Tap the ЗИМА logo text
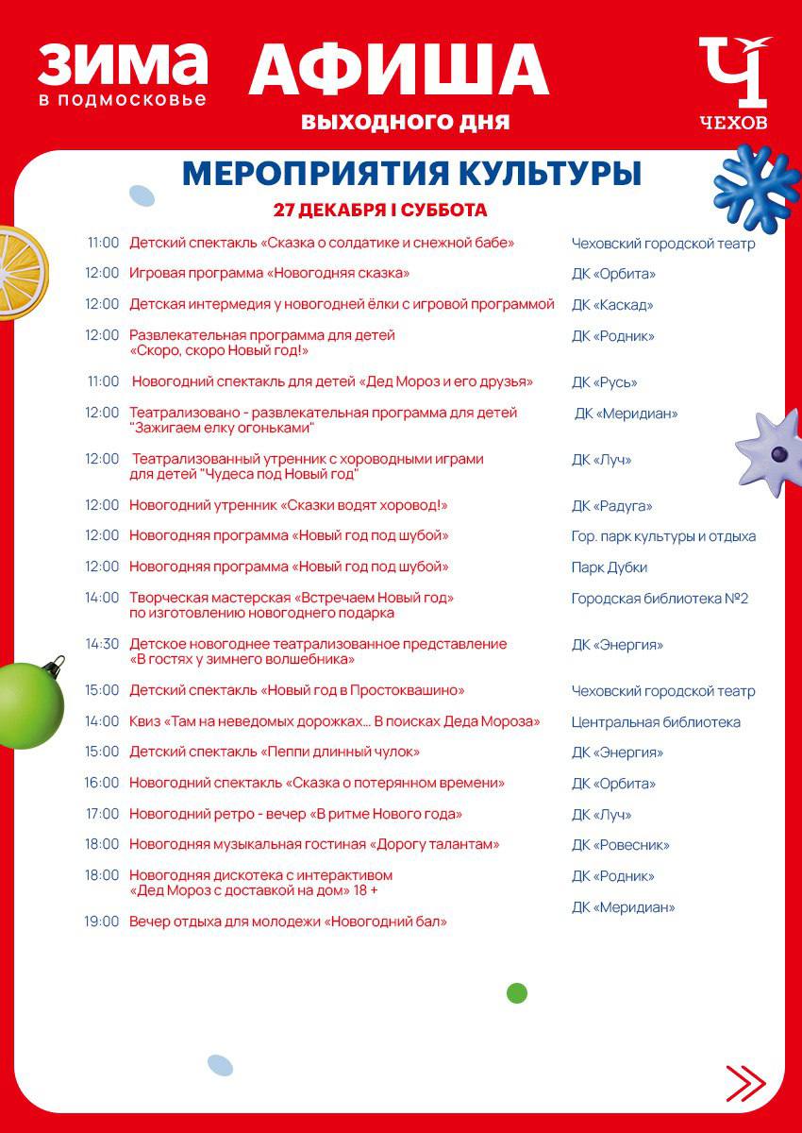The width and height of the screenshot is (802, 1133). tap(123, 64)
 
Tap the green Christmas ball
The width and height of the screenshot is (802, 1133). tap(29, 703)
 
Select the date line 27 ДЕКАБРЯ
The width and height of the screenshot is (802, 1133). tap(380, 210)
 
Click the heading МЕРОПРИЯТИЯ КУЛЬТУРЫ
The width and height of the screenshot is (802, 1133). tap(411, 174)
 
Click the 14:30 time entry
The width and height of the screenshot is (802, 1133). tap(102, 644)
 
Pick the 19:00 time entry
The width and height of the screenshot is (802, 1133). tap(102, 922)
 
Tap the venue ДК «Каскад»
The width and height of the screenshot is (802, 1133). tap(612, 305)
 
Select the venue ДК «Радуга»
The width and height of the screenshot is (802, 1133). tap(612, 506)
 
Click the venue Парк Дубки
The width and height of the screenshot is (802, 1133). tap(610, 567)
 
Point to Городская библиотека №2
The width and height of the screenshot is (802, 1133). tap(660, 599)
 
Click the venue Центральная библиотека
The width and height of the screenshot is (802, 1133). tap(656, 722)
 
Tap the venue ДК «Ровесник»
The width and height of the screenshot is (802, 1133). tap(620, 845)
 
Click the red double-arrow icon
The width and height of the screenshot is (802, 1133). tap(745, 1083)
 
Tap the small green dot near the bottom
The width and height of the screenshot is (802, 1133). tap(516, 992)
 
